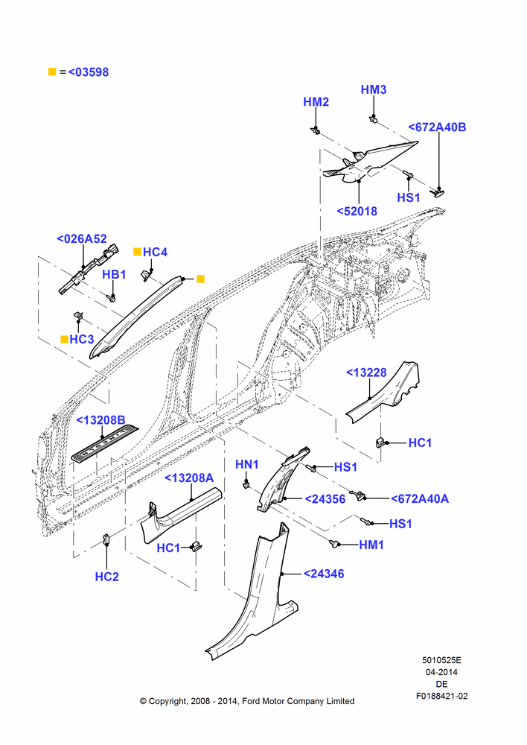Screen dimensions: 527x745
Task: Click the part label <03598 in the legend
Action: click(89, 72)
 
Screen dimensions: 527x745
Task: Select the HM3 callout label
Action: click(373, 89)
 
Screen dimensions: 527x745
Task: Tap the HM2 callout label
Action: click(316, 101)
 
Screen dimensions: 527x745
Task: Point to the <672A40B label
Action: click(437, 127)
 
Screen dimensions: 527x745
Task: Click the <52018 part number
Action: click(357, 211)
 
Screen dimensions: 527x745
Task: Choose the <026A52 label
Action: click(82, 238)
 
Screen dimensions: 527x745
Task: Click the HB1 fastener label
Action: click(114, 274)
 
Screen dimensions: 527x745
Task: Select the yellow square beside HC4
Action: click(137, 252)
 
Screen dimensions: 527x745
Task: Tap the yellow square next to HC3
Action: click(64, 339)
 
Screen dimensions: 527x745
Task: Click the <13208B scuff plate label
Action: click(100, 420)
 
